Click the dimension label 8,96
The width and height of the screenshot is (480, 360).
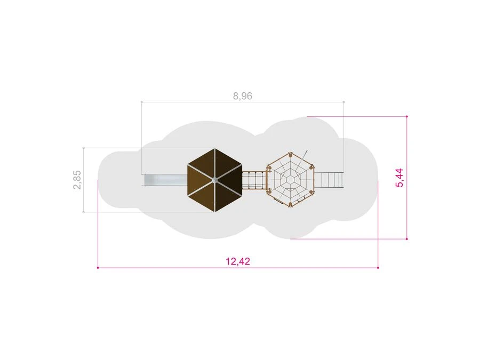pos(243,96)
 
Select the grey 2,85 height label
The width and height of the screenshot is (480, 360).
pos(77,180)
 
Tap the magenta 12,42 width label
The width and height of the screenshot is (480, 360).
pos(238,261)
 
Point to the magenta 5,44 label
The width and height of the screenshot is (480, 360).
pos(399,178)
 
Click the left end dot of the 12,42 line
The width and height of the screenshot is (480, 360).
pos(98,268)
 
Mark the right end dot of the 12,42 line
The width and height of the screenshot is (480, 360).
pos(378,268)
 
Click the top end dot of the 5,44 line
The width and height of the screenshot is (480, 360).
pos(407,116)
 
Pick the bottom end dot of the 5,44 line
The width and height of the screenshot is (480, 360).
pos(407,239)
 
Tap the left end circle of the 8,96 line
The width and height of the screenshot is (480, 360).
pos(141,102)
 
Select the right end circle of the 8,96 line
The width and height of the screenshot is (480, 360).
pos(344,102)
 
